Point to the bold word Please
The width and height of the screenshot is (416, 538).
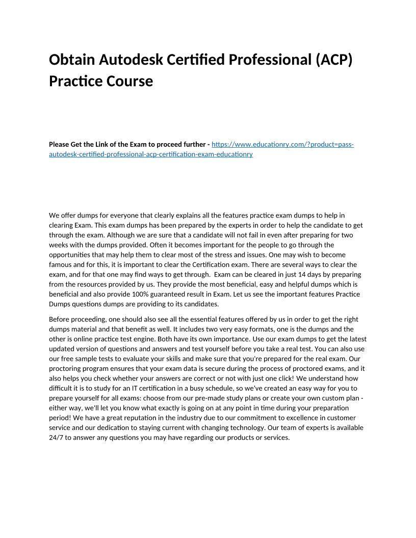pos(60,144)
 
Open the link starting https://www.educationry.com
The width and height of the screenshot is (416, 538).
pos(282,144)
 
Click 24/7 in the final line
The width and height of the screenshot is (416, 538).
pos(57,437)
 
